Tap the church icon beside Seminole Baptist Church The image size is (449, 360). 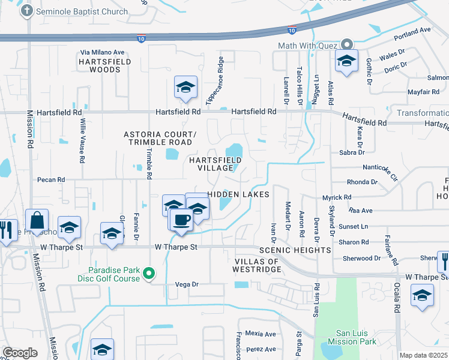(x=27, y=11)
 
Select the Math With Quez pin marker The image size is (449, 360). (x=346, y=45)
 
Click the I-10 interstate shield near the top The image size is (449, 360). (x=292, y=29)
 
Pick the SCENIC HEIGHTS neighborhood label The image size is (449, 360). (x=295, y=250)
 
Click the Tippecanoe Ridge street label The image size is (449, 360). (x=215, y=80)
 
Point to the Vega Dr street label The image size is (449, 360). (x=186, y=284)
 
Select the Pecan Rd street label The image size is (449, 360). (x=50, y=180)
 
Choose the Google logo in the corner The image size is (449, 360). (x=20, y=353)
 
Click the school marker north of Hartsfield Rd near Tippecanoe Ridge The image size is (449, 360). (x=185, y=87)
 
